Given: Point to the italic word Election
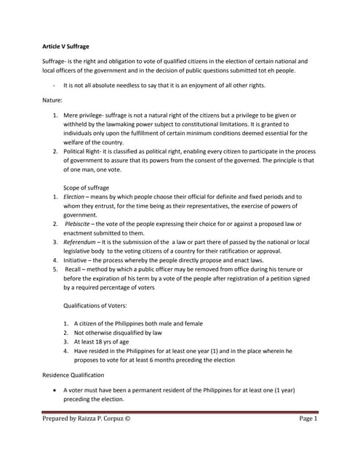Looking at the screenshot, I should click(74, 197).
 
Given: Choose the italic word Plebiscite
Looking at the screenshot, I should click(79, 224).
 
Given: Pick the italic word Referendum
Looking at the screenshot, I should click(79, 241).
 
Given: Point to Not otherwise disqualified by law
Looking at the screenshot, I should click(112, 332).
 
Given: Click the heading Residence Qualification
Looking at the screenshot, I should click(73, 375).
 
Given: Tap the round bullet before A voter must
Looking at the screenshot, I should click(55, 390).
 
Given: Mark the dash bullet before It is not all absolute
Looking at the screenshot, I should click(55, 85).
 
